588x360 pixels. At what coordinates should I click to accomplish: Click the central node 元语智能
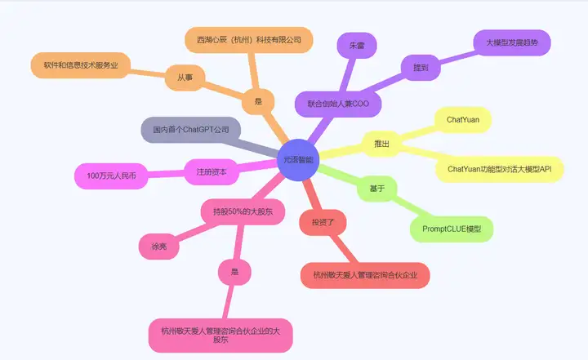[297, 160]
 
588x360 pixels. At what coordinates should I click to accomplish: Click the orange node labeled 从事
[185, 78]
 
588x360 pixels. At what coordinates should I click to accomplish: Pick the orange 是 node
[258, 102]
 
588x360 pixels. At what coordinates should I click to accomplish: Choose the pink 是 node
[234, 272]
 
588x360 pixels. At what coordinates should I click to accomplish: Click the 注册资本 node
[211, 172]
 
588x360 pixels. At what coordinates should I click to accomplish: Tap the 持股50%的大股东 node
[243, 211]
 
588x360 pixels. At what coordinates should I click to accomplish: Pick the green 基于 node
[376, 189]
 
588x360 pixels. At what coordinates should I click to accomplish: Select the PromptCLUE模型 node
[452, 229]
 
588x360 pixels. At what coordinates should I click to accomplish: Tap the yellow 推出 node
[381, 144]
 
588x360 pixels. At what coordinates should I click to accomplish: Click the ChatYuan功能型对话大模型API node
[500, 168]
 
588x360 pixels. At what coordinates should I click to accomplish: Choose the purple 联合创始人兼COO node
[338, 104]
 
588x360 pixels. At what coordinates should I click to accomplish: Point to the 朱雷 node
[356, 47]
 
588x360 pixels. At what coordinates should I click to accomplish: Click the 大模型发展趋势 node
[512, 41]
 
